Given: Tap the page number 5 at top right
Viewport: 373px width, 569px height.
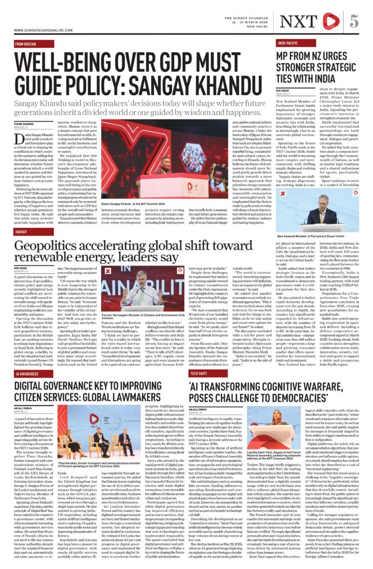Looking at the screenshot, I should (354, 21).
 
